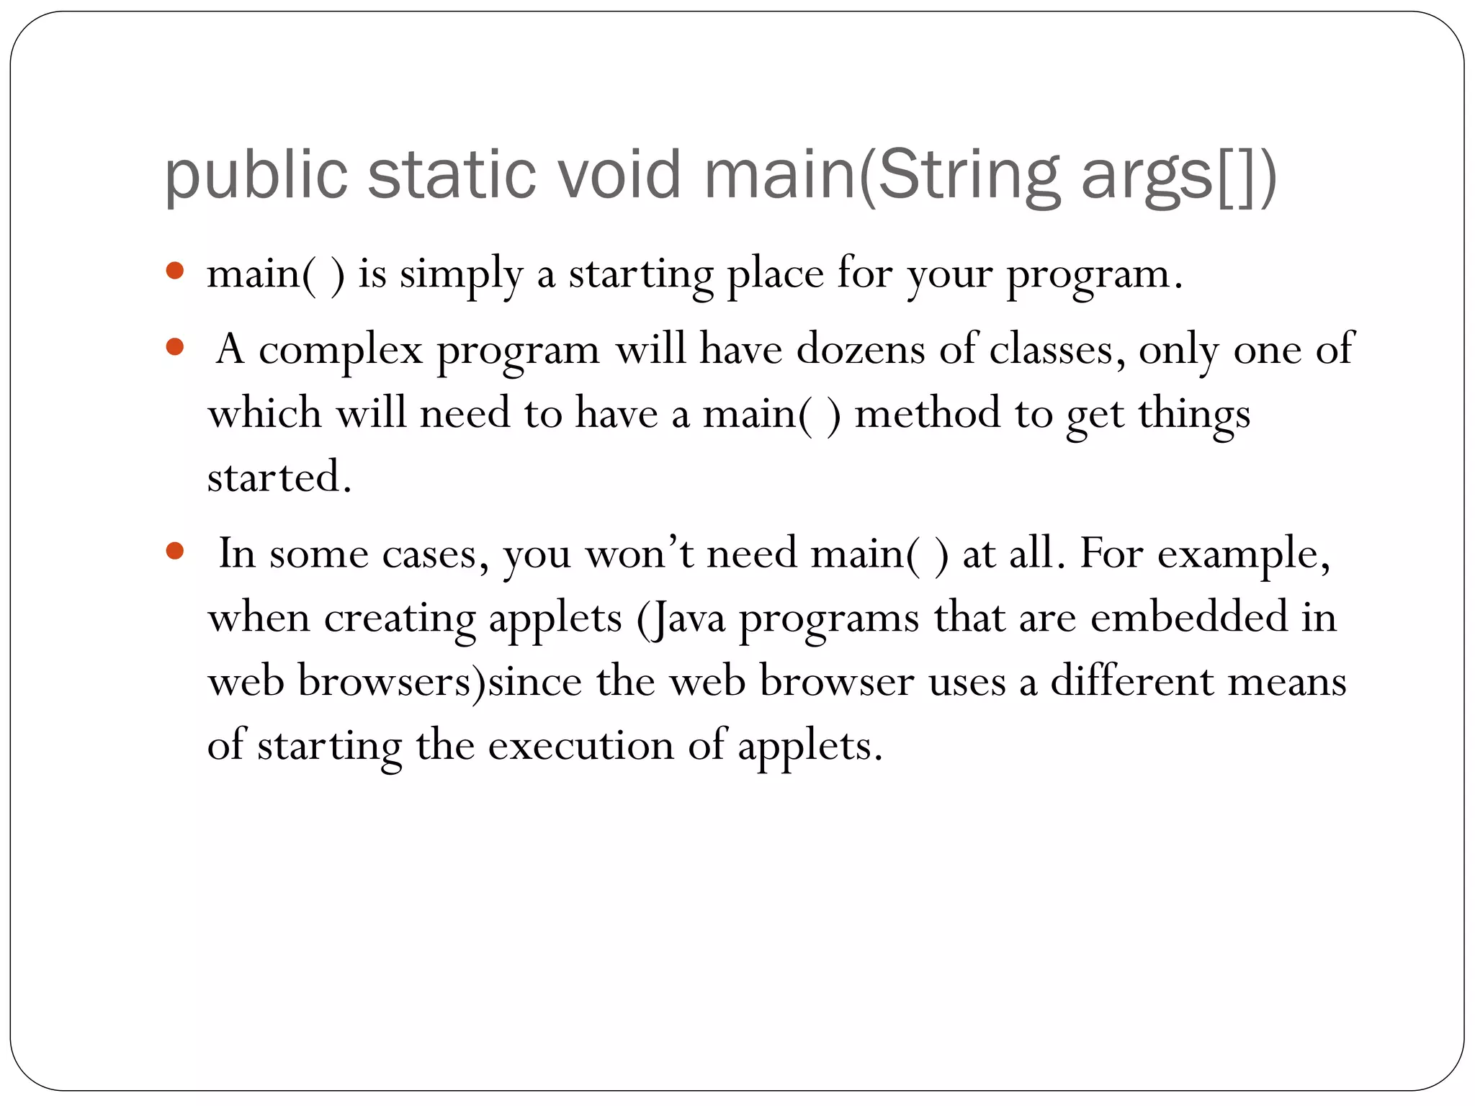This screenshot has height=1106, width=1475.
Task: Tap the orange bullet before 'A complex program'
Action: pyautogui.click(x=175, y=348)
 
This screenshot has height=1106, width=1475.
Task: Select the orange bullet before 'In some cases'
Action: pyautogui.click(x=175, y=552)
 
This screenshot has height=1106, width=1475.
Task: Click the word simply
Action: pyautogui.click(x=461, y=275)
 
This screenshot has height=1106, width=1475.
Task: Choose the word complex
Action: pyautogui.click(x=340, y=351)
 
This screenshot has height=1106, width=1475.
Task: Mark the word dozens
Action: pyautogui.click(x=861, y=349)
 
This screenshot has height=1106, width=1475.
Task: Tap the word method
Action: pyautogui.click(x=928, y=414)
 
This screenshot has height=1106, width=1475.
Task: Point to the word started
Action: pyautogui.click(x=279, y=477)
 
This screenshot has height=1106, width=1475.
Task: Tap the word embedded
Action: pyautogui.click(x=1188, y=617)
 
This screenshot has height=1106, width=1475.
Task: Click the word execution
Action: pyautogui.click(x=581, y=745)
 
